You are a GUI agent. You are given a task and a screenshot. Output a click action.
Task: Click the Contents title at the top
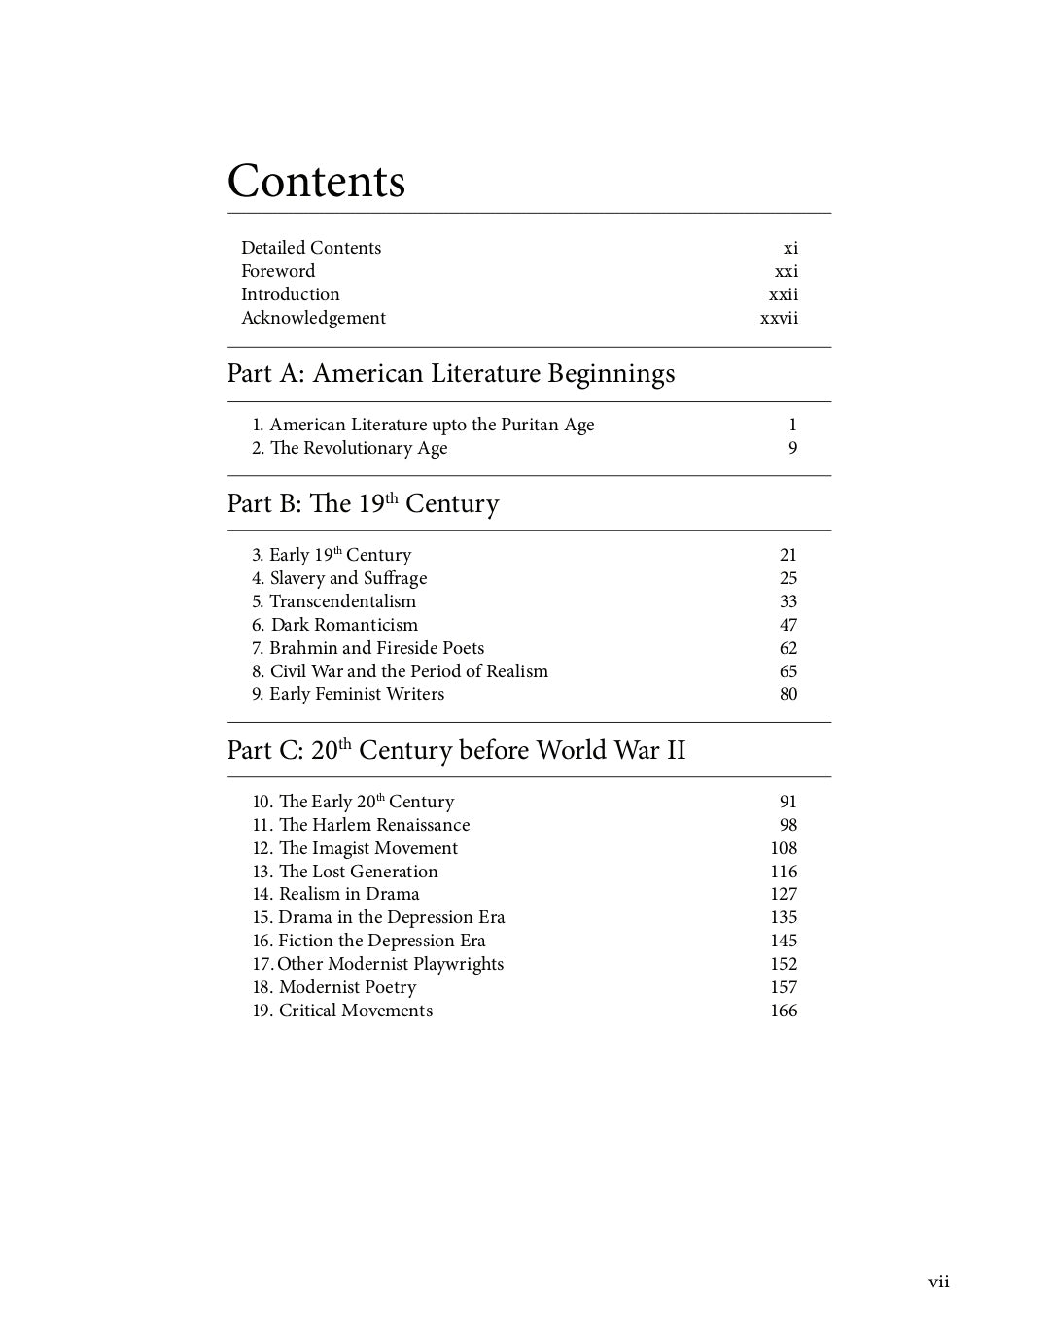(316, 182)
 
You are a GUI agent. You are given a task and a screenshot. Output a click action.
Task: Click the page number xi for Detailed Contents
(790, 248)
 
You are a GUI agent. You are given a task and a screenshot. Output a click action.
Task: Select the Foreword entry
(278, 271)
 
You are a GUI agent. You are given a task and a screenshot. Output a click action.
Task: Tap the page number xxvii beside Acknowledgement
(779, 318)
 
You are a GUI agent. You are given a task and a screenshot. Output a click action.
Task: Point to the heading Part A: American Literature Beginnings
(450, 374)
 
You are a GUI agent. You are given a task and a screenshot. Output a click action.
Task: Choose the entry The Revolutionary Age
(350, 448)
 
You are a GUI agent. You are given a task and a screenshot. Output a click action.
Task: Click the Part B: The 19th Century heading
(363, 503)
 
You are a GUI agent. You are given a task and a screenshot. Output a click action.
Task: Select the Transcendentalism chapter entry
(333, 601)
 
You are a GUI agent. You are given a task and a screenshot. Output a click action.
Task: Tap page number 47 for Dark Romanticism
(787, 625)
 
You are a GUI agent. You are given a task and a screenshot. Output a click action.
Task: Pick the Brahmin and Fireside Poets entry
(367, 648)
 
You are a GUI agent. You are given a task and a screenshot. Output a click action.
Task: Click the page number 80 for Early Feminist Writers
(787, 694)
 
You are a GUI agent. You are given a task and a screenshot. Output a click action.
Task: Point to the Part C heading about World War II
(456, 750)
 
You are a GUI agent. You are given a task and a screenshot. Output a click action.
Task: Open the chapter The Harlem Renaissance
(361, 825)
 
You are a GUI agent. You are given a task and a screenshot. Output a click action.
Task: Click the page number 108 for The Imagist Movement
(784, 848)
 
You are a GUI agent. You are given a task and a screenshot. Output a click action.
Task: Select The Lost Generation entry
(345, 872)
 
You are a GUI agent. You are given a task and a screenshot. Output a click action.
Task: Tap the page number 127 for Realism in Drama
(784, 894)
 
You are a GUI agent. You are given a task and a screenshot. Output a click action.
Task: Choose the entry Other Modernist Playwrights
(378, 964)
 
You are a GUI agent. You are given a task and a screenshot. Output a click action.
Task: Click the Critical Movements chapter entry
(342, 1011)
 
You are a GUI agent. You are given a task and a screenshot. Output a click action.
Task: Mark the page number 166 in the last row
(784, 1011)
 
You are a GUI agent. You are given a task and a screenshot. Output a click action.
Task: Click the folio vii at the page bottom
(938, 1283)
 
